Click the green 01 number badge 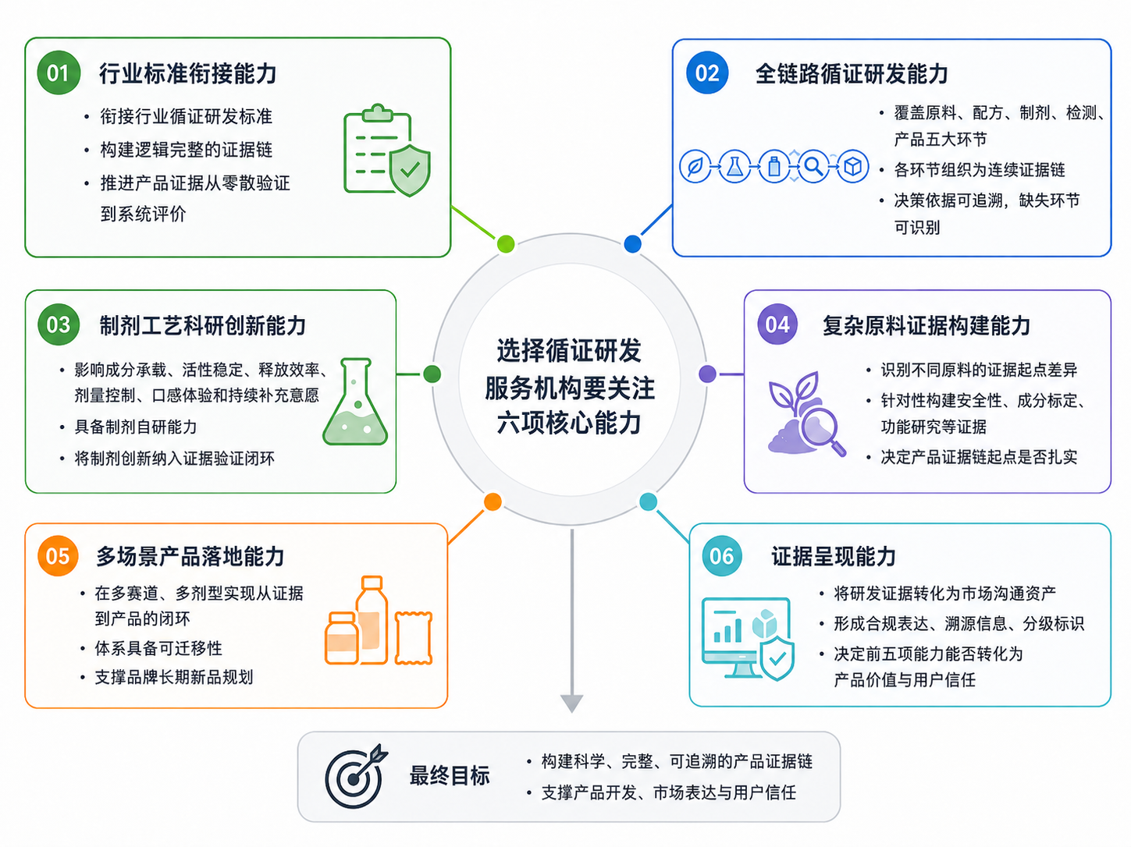pyautogui.click(x=59, y=73)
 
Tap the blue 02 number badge pyautogui.click(x=707, y=73)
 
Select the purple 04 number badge pyautogui.click(x=777, y=324)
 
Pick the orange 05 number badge pyautogui.click(x=58, y=555)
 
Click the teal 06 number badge pyautogui.click(x=722, y=555)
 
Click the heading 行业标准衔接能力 pyautogui.click(x=188, y=73)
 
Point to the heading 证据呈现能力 pyautogui.click(x=833, y=557)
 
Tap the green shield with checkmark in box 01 pyautogui.click(x=410, y=171)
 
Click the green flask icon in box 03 pyautogui.click(x=355, y=401)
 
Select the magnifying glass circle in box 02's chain pyautogui.click(x=813, y=166)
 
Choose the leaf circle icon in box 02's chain pyautogui.click(x=695, y=166)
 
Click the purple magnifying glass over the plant pyautogui.click(x=822, y=430)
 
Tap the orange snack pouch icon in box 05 pyautogui.click(x=413, y=638)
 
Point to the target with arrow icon pyautogui.click(x=355, y=777)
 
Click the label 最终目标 pyautogui.click(x=450, y=776)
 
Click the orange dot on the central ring pyautogui.click(x=493, y=501)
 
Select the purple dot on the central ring pyautogui.click(x=707, y=374)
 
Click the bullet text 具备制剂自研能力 pyautogui.click(x=136, y=427)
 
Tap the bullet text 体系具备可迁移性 pyautogui.click(x=158, y=648)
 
